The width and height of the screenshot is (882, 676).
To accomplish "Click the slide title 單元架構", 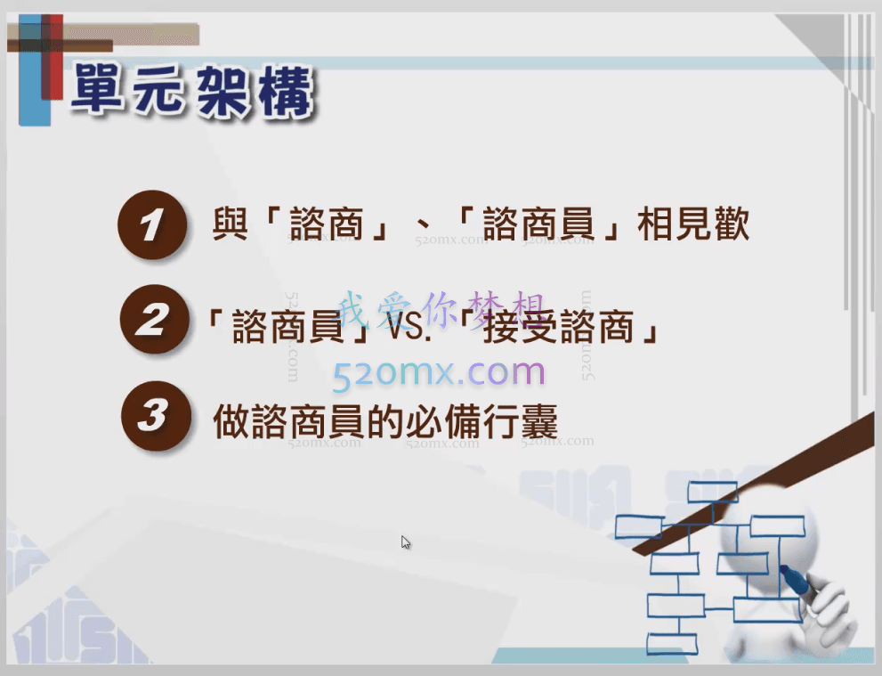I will (x=191, y=90).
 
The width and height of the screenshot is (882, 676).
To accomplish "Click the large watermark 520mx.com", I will (x=439, y=373).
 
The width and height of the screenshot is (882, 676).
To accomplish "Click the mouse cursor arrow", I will (x=405, y=542).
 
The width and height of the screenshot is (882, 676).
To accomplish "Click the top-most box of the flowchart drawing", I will (x=712, y=491).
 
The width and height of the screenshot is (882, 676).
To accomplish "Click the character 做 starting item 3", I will (x=231, y=421).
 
